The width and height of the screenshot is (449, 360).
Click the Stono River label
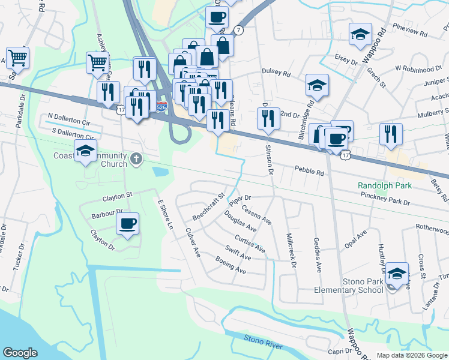click(x=263, y=340)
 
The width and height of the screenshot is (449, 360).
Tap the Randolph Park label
click(x=385, y=186)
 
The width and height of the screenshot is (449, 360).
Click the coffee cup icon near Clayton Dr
click(x=127, y=224)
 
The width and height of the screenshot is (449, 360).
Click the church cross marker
click(x=136, y=160)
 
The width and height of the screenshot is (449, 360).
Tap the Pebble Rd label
click(x=309, y=172)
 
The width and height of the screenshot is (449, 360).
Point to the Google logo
click(x=20, y=353)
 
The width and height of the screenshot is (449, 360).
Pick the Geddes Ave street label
click(x=317, y=253)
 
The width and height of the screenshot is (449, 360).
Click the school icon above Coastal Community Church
click(x=86, y=151)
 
